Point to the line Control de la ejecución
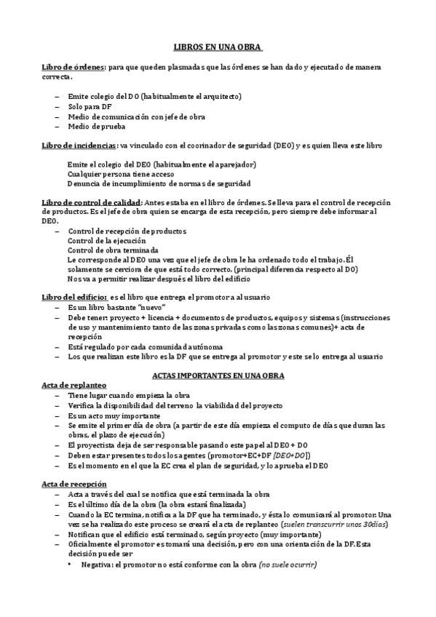click(x=106, y=240)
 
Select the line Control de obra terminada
click(x=107, y=250)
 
